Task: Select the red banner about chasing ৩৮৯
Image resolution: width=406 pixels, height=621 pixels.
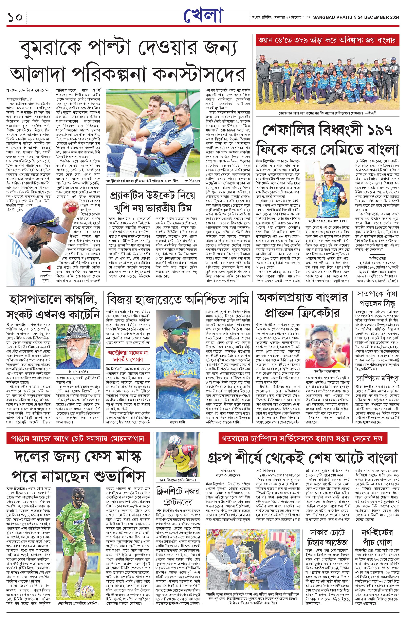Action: (x=327, y=40)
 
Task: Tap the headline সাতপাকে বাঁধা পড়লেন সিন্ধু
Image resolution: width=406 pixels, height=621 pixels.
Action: (x=377, y=298)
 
